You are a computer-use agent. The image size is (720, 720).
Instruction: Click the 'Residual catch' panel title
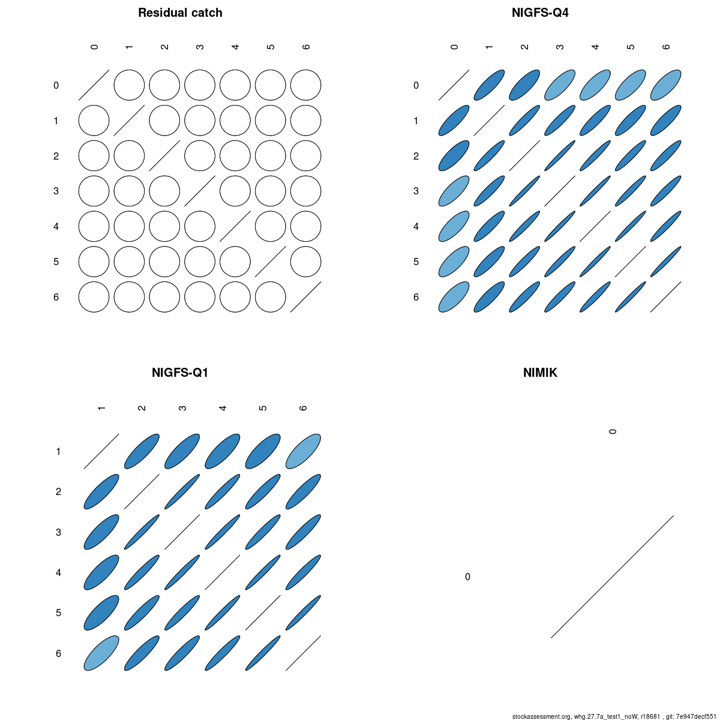pos(180,13)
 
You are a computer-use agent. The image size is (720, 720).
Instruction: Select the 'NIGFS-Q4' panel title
pos(540,13)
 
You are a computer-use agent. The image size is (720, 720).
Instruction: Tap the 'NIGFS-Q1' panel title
pos(180,373)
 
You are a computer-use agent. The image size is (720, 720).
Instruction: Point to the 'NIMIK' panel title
pos(540,373)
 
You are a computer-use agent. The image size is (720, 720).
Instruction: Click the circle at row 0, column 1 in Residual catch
pos(129,85)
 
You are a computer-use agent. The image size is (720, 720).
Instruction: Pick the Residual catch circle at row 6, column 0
pos(94,297)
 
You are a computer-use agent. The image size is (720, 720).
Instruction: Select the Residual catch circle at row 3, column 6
pos(305,191)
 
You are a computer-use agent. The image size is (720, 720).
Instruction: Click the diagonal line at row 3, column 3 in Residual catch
pos(200,191)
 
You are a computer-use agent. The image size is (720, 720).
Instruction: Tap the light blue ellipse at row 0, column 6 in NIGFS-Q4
pos(665,85)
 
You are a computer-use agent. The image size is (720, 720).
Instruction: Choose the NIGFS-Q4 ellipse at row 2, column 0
pos(454,156)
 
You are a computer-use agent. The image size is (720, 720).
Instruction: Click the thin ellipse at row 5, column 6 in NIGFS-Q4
pos(665,262)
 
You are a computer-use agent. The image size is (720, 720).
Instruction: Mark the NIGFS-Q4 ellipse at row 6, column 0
pos(454,297)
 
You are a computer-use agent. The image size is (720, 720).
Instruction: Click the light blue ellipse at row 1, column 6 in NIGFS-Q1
pos(303,451)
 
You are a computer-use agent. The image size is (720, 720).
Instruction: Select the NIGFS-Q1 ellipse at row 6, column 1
pos(101,653)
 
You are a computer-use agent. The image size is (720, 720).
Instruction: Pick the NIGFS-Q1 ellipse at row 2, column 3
pos(182,492)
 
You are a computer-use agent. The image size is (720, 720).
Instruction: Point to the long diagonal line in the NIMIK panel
pos(612,577)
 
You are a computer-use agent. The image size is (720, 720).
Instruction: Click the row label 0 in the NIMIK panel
pos(467,577)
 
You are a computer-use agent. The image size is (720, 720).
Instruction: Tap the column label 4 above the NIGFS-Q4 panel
pos(595,47)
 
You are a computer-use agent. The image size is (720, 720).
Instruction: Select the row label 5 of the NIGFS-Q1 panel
pos(58,613)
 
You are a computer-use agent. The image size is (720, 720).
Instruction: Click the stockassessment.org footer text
pos(614,716)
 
